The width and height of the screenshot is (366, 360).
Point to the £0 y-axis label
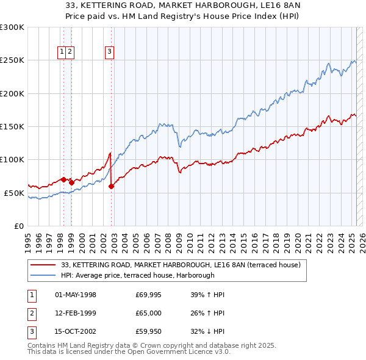pos(18,226)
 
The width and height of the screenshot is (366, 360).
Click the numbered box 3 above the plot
pos(109,52)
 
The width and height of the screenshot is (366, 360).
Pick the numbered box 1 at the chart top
pos(63,52)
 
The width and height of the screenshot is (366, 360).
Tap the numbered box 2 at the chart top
pos(71,52)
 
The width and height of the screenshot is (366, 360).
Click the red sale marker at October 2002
pos(111,186)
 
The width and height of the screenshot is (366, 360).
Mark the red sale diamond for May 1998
pos(63,179)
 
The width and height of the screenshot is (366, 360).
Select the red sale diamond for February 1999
pos(71,182)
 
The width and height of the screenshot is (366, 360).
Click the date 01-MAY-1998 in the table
pos(76,295)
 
